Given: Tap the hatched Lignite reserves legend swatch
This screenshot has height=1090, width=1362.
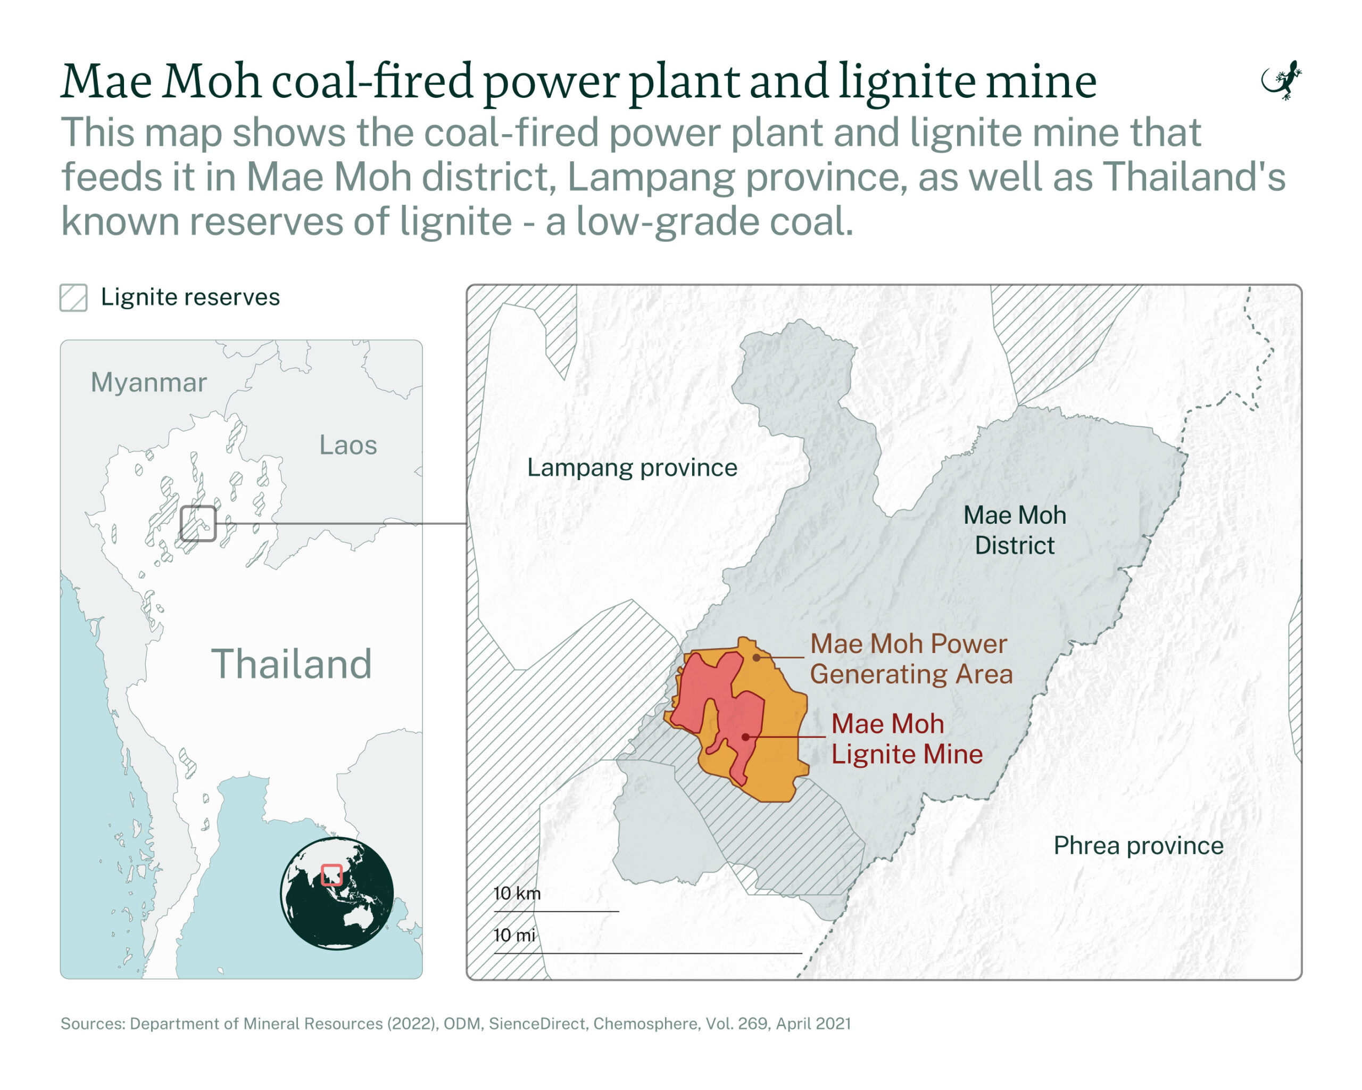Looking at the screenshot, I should coord(74,298).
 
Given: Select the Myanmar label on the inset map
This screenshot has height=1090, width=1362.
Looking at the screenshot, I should coord(148,383).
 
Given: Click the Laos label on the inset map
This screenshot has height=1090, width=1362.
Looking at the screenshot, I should coord(348,445).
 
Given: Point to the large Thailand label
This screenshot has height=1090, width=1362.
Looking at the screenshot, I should coord(291,664).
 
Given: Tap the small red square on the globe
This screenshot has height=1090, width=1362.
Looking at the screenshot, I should coord(331,875).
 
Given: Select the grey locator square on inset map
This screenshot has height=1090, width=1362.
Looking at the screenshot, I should coord(198,523).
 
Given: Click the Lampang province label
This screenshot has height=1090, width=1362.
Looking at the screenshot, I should coord(632,468).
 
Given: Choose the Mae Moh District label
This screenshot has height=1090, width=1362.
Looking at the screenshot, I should coord(1015,530).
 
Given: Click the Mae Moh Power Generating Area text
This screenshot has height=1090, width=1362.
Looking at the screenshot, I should coord(910,659).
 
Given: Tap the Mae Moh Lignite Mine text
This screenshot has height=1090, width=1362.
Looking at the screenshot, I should coord(906,739).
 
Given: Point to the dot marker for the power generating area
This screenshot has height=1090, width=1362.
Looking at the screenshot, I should coord(756,658).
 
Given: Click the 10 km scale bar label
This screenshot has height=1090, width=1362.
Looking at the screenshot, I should coord(517,894).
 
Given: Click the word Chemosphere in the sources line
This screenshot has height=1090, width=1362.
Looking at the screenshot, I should coord(646,1023).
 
